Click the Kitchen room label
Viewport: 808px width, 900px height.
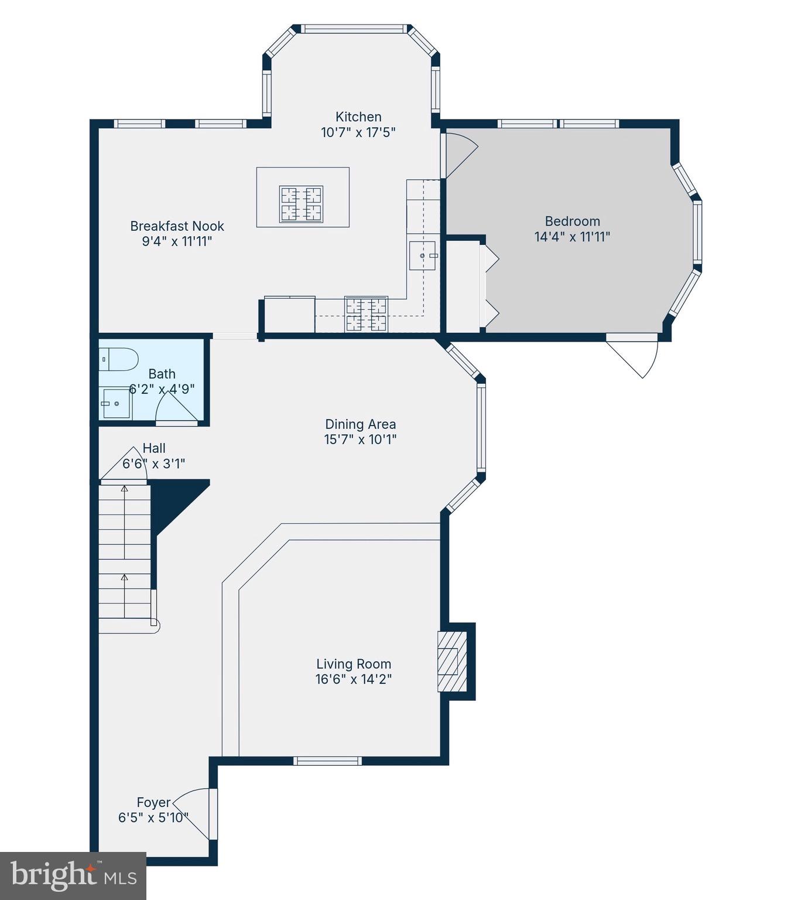pyautogui.click(x=358, y=117)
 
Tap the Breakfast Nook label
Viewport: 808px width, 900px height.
pyautogui.click(x=177, y=226)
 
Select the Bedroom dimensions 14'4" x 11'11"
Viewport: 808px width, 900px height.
pyautogui.click(x=572, y=237)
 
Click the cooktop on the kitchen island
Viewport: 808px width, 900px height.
pyautogui.click(x=301, y=204)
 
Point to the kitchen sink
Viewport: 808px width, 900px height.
pyautogui.click(x=422, y=255)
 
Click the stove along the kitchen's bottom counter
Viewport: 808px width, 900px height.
pyautogui.click(x=366, y=315)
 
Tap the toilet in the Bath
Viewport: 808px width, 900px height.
pyautogui.click(x=119, y=359)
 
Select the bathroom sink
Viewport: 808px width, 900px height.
pyautogui.click(x=115, y=404)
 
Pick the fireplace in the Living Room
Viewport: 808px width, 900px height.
pyautogui.click(x=452, y=662)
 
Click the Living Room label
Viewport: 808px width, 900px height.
pyautogui.click(x=354, y=664)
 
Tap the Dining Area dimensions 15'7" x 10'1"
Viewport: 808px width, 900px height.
pyautogui.click(x=360, y=439)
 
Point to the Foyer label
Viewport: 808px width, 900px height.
pyautogui.click(x=153, y=802)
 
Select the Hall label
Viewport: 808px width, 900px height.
pyautogui.click(x=154, y=448)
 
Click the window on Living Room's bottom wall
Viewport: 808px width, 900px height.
pyautogui.click(x=327, y=761)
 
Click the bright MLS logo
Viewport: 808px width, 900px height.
pyautogui.click(x=73, y=876)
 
